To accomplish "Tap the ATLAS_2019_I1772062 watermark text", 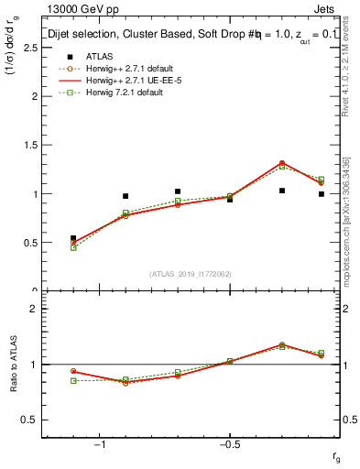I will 191,274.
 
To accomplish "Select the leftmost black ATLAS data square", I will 73,238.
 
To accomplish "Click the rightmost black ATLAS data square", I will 322,194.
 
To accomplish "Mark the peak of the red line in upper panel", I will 282,162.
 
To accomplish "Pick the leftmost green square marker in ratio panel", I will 73,380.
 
